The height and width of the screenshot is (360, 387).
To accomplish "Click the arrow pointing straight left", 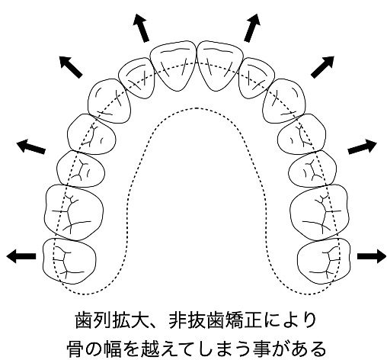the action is pyautogui.click(x=21, y=256).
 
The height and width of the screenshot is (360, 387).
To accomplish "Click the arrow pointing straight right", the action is pyautogui.click(x=372, y=256).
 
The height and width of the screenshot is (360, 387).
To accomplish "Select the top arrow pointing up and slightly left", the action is pyautogui.click(x=142, y=27).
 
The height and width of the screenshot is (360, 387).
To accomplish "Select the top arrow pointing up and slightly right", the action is pyautogui.click(x=252, y=27).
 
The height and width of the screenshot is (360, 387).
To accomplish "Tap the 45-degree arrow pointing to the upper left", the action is pyautogui.click(x=71, y=66).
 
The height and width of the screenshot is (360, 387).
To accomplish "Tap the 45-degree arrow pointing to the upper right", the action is pyautogui.click(x=322, y=66).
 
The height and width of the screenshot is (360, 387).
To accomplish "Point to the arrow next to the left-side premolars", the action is pyautogui.click(x=30, y=146).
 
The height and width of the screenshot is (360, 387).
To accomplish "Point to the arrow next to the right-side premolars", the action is pyautogui.click(x=362, y=146).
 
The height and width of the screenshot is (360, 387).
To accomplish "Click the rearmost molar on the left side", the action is pyautogui.click(x=69, y=261).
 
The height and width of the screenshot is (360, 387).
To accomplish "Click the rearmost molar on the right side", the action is pyautogui.click(x=324, y=261).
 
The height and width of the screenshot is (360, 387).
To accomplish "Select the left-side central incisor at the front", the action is pyautogui.click(x=173, y=66).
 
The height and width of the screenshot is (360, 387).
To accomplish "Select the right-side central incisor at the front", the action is pyautogui.click(x=220, y=66).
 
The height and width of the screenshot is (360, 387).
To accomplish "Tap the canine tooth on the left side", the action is pyautogui.click(x=109, y=101).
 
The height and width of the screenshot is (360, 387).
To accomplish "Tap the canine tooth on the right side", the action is pyautogui.click(x=284, y=101).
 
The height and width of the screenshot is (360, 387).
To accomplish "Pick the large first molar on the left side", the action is pyautogui.click(x=74, y=212).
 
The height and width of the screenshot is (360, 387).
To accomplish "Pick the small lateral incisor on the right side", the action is pyautogui.click(x=257, y=79).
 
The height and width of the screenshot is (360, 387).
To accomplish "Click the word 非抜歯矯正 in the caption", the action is pyautogui.click(x=215, y=320).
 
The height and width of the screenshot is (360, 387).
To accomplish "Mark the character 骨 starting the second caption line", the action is pyautogui.click(x=75, y=349).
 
